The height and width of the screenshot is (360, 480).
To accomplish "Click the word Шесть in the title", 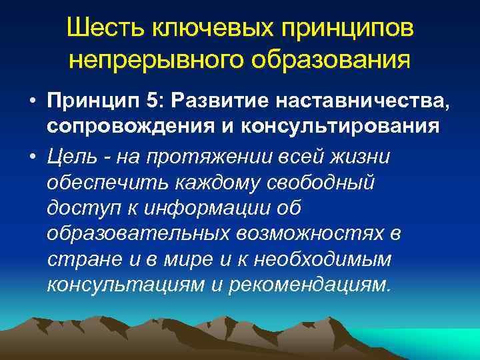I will [107, 28].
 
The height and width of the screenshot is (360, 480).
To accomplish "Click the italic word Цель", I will [71, 156].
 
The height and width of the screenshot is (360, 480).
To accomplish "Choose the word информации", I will [199, 208].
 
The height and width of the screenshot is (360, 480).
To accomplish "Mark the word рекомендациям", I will [307, 285].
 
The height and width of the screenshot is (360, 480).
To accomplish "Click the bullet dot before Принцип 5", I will [32, 101].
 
